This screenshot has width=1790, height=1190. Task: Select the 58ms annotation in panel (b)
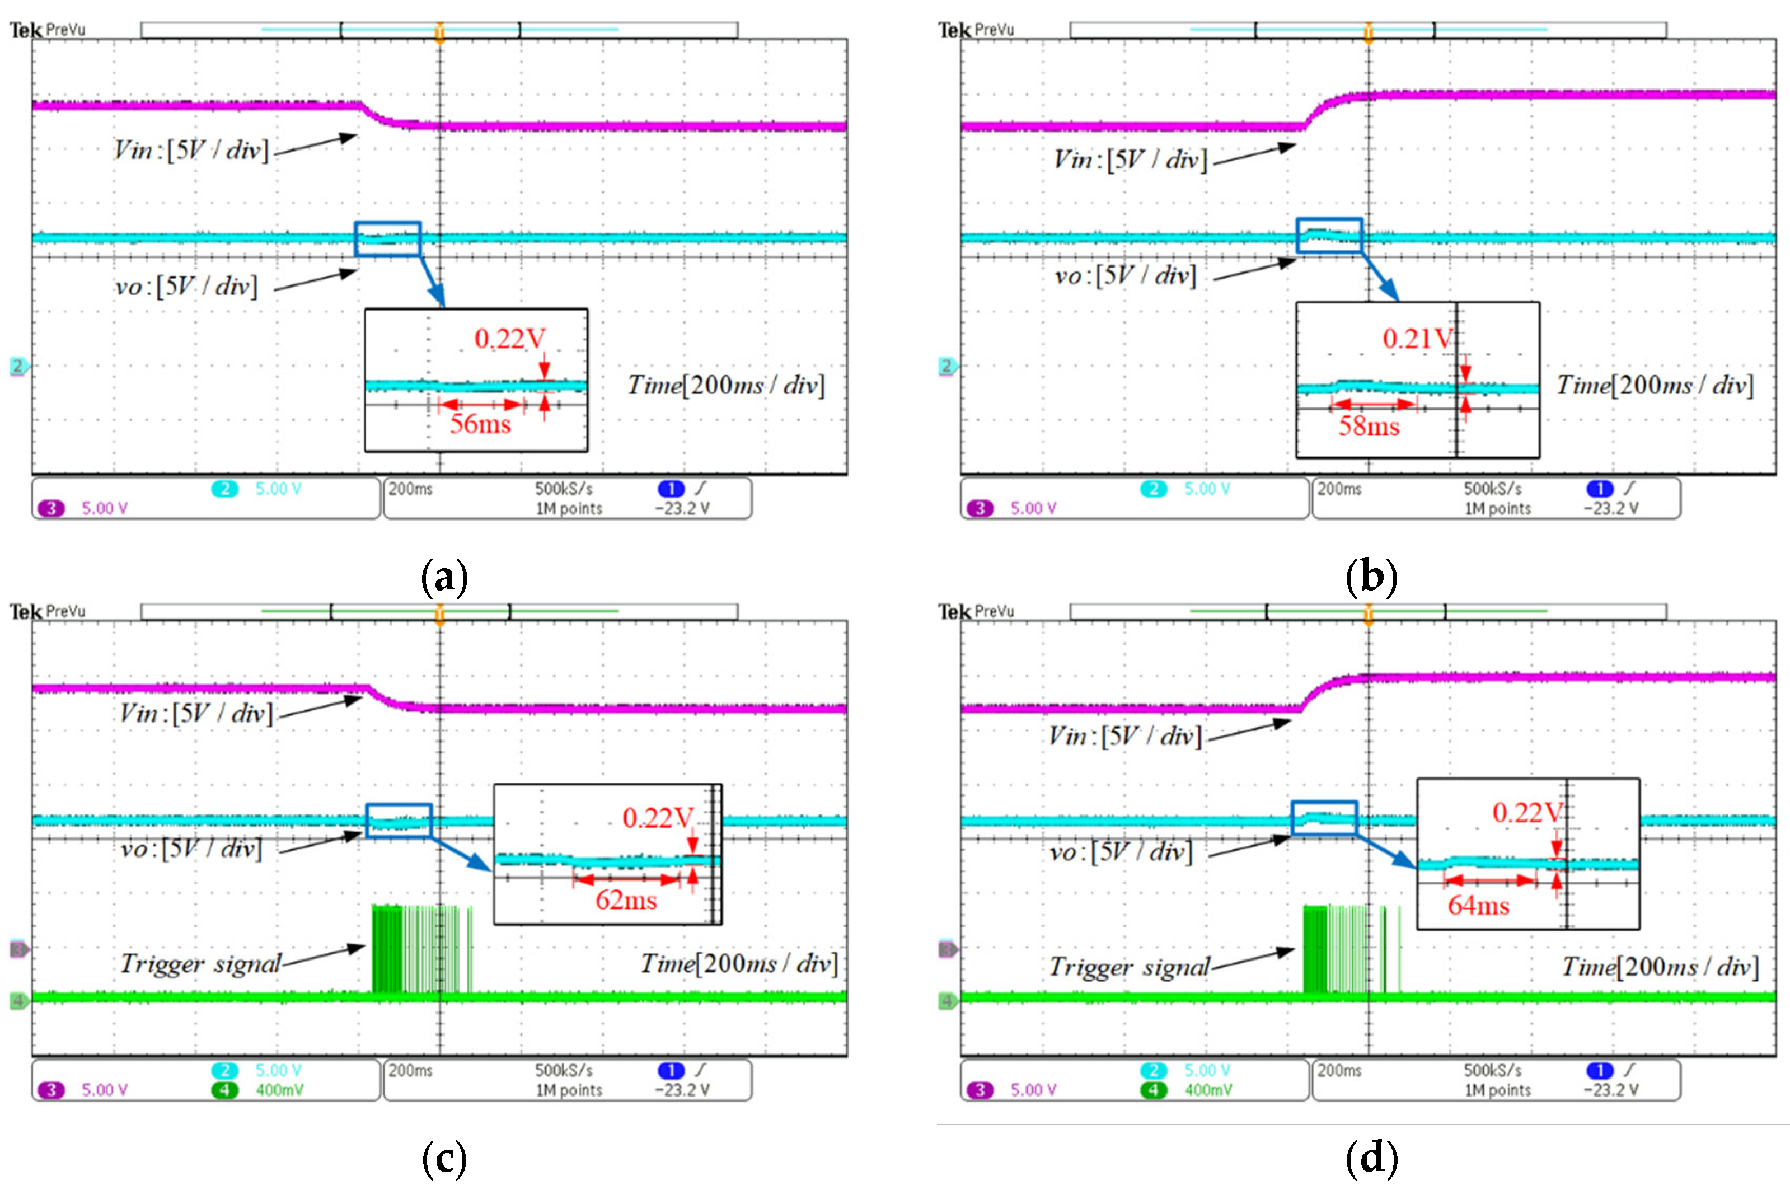pyautogui.click(x=1368, y=426)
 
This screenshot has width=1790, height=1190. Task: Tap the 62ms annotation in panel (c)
pyautogui.click(x=625, y=900)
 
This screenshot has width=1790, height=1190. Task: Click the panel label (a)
pyautogui.click(x=444, y=577)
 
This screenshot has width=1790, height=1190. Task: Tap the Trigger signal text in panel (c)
pyautogui.click(x=200, y=964)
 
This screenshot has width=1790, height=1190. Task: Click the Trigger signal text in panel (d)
pyautogui.click(x=1129, y=967)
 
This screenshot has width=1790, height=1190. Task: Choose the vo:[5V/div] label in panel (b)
pyautogui.click(x=1125, y=275)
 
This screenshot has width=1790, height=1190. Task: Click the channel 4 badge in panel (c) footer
pyautogui.click(x=224, y=1090)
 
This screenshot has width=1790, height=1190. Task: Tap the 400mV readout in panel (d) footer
pyautogui.click(x=1208, y=1090)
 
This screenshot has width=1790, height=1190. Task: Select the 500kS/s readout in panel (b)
pyautogui.click(x=1492, y=489)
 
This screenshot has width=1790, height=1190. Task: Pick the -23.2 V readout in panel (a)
pyautogui.click(x=682, y=508)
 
